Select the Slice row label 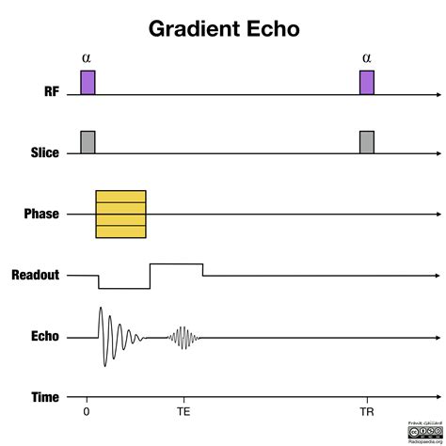click(x=45, y=153)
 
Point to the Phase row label click(x=41, y=214)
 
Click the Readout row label click(x=36, y=276)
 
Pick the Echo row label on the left click(x=45, y=336)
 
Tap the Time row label click(x=44, y=398)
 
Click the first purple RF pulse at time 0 click(x=88, y=82)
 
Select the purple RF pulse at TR click(x=367, y=82)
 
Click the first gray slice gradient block click(x=88, y=142)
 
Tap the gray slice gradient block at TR click(x=367, y=142)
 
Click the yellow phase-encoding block click(x=121, y=214)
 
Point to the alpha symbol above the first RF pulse click(x=88, y=58)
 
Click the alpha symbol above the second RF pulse click(x=367, y=58)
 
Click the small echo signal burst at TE click(x=183, y=337)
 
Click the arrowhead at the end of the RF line click(x=438, y=94)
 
